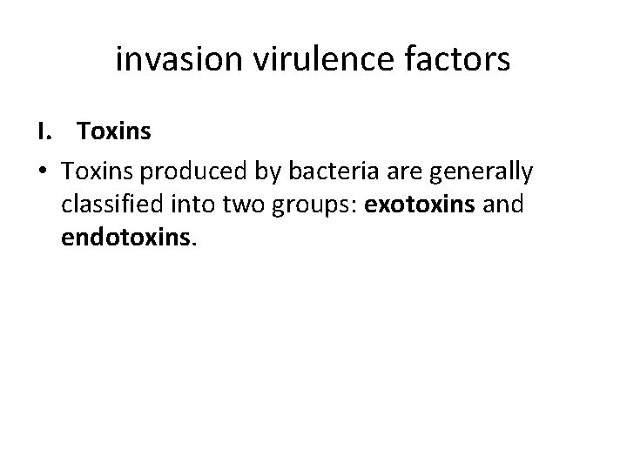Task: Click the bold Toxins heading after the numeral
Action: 114,133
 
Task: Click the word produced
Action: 199,172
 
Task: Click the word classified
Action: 110,205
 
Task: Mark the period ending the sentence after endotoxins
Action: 195,245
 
